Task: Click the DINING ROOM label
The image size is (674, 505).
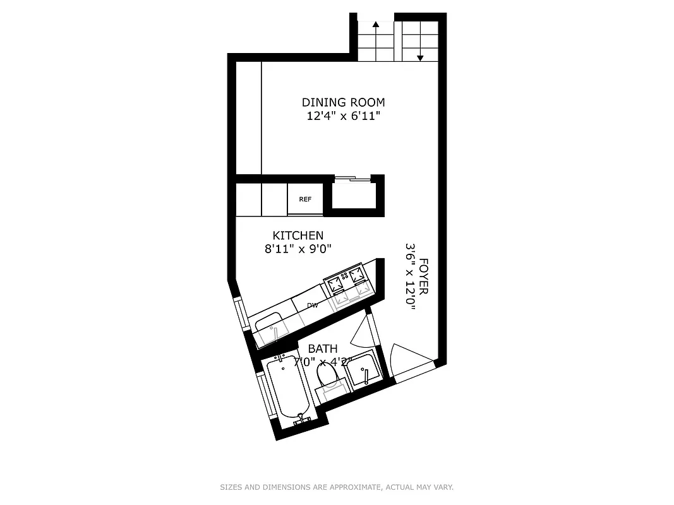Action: [343, 102]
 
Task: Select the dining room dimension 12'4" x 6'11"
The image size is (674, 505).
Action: [343, 116]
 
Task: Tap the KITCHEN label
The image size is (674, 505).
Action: [298, 235]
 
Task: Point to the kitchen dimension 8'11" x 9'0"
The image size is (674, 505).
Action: [298, 249]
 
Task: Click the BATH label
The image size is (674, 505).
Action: [322, 348]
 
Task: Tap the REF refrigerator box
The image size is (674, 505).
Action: [305, 199]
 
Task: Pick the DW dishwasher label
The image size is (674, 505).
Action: [312, 306]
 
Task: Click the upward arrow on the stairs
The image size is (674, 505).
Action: [376, 25]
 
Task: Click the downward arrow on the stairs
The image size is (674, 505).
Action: [420, 58]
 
